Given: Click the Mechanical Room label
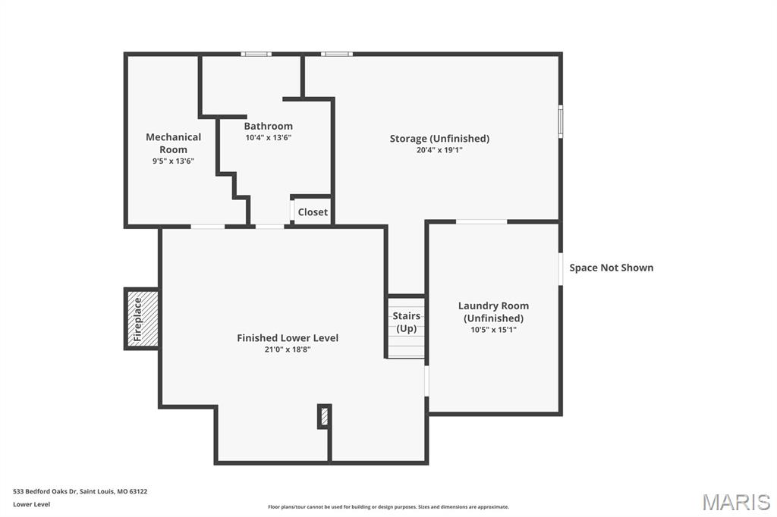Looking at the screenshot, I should click(x=173, y=143).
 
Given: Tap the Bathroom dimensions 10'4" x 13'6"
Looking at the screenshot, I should click(x=268, y=138).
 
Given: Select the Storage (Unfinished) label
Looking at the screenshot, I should click(x=439, y=138).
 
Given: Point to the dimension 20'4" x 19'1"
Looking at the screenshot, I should click(x=439, y=150).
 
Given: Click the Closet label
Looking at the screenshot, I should click(x=313, y=212).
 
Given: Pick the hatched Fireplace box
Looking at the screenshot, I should click(x=143, y=319).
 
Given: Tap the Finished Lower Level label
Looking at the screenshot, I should click(x=288, y=338).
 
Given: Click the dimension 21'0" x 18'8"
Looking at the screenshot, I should click(x=288, y=349).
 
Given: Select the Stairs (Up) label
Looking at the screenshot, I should click(x=406, y=322).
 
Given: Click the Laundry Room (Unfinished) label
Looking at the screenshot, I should click(x=493, y=312).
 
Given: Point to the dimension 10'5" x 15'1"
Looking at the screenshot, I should click(x=493, y=330).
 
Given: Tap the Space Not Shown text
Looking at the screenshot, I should click(x=611, y=268).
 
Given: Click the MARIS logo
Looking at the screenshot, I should click(x=735, y=502).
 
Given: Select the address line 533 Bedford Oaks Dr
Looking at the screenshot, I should click(x=80, y=491).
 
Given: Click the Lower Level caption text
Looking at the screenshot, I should click(x=32, y=504).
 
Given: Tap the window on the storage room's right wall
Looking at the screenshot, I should click(x=561, y=121).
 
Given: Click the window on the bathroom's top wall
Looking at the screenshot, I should click(x=256, y=54).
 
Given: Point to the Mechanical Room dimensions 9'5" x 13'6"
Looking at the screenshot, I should click(x=173, y=161).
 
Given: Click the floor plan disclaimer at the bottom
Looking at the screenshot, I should click(x=388, y=507).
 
